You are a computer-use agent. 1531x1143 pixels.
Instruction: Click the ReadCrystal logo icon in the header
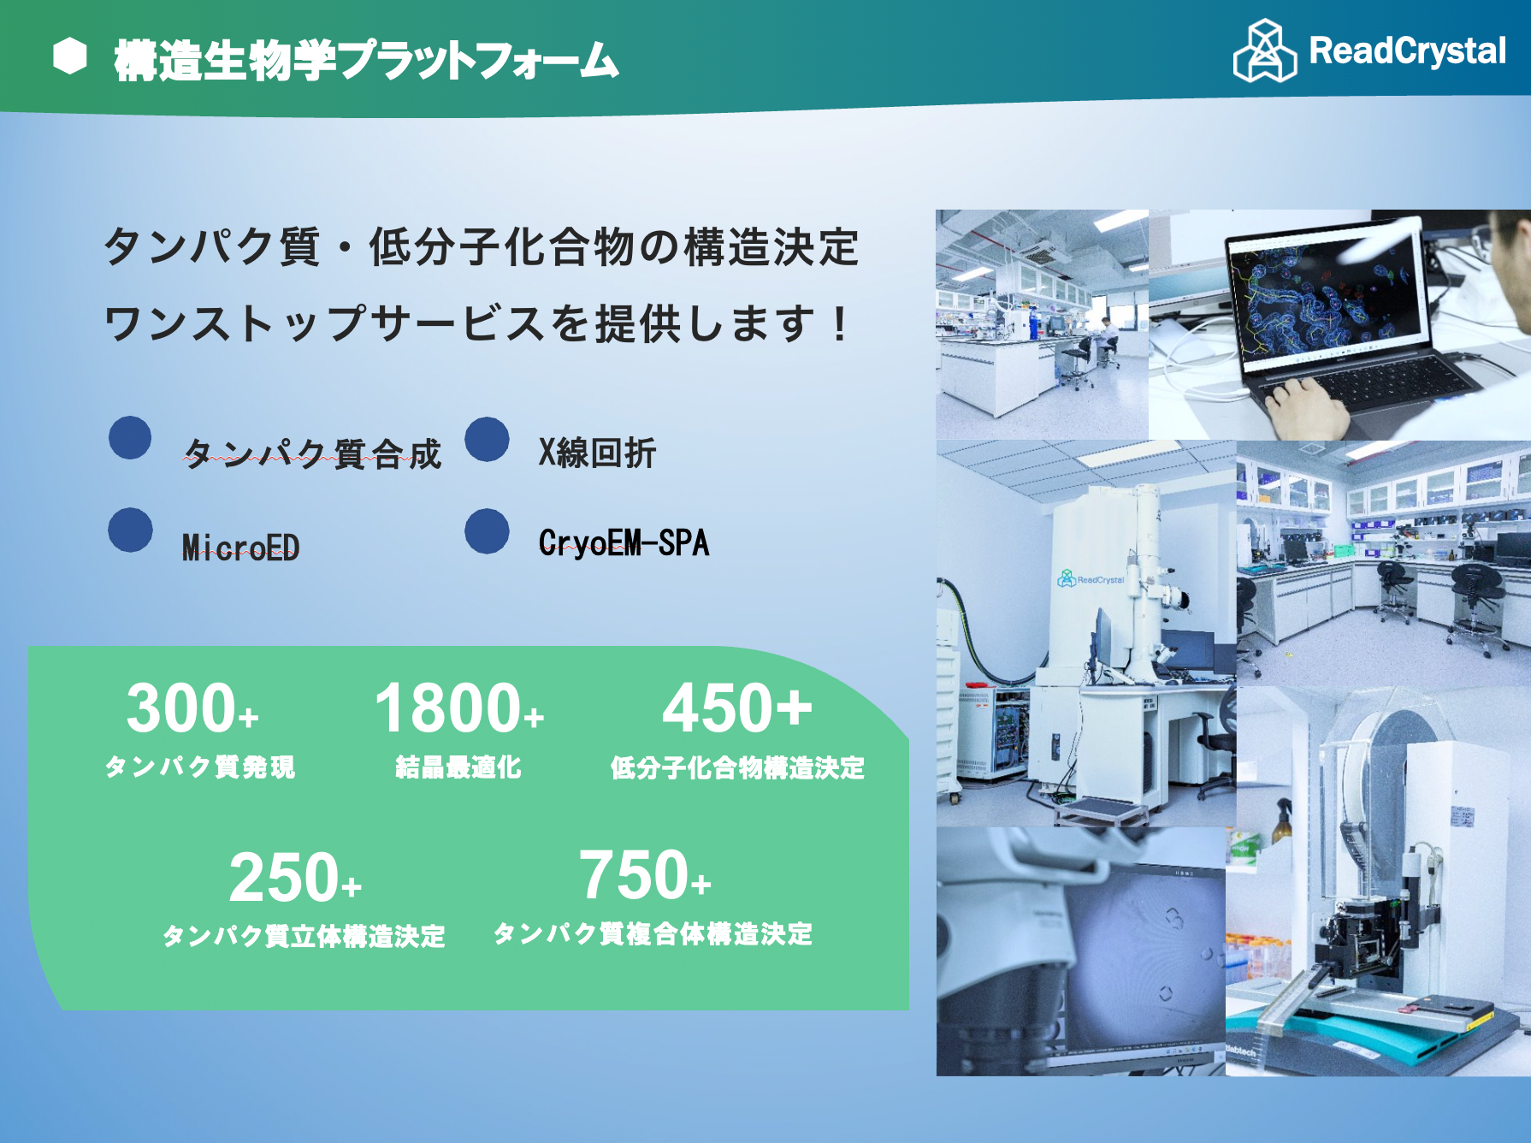[x=1265, y=50]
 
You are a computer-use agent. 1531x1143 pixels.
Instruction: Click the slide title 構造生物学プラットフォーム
[x=366, y=60]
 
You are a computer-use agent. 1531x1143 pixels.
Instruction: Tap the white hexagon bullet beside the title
[x=70, y=56]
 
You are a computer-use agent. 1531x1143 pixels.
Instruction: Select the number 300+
[x=192, y=708]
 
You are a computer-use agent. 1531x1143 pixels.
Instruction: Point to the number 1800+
[x=458, y=708]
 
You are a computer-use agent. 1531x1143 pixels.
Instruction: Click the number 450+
[x=737, y=708]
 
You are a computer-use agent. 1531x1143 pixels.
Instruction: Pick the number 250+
[x=295, y=878]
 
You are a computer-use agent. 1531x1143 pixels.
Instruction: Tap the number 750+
[x=645, y=875]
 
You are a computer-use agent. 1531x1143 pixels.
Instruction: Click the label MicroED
[x=241, y=547]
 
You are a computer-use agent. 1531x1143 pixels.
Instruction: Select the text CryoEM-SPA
[x=624, y=542]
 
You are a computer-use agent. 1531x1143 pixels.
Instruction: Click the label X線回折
[x=597, y=453]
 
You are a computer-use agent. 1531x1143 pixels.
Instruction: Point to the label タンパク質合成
[x=312, y=453]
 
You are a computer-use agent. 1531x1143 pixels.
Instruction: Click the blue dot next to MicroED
[x=131, y=530]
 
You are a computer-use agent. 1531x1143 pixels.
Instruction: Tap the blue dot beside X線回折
[x=488, y=439]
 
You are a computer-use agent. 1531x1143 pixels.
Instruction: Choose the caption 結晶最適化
[x=458, y=767]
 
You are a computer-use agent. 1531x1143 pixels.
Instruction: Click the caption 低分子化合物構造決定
[x=737, y=767]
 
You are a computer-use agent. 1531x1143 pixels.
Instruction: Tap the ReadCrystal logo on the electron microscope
[x=1091, y=579]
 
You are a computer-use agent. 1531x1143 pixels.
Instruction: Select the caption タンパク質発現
[x=200, y=767]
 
